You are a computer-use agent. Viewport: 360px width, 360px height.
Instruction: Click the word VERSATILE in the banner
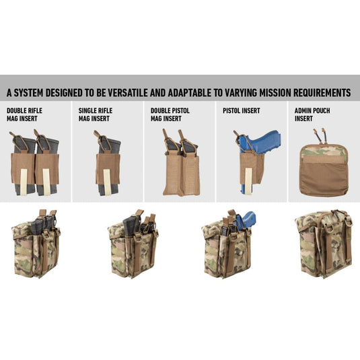tap(128, 93)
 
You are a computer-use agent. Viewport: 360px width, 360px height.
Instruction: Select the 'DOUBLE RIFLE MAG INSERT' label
tap(24, 114)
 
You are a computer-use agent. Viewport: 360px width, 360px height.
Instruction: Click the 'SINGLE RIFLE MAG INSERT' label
tap(96, 114)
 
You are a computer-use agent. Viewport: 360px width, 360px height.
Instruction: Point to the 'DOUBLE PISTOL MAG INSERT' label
tap(170, 114)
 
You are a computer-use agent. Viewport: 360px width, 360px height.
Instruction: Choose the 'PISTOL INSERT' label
tap(242, 110)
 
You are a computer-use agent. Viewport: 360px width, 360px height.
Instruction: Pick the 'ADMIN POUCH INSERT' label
tap(312, 114)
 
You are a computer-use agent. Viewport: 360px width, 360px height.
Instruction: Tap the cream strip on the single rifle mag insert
tap(107, 182)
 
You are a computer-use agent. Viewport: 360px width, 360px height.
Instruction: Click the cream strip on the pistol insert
tap(248, 181)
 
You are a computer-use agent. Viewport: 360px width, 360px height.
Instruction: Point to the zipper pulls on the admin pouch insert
tap(320, 136)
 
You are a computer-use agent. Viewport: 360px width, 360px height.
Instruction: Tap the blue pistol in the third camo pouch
tap(246, 220)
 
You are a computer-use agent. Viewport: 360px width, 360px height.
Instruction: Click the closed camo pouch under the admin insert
tap(324, 244)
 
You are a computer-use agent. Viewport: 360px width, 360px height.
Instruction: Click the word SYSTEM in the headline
tap(28, 93)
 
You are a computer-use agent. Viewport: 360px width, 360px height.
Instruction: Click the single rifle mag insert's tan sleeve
tap(108, 168)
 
